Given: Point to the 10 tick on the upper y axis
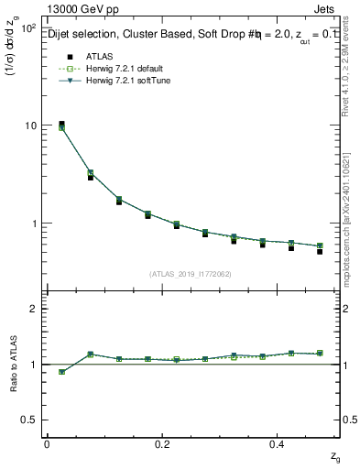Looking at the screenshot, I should click(29, 125).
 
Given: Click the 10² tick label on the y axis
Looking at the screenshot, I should click(27, 28).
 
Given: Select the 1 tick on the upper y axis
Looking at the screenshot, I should click(32, 224).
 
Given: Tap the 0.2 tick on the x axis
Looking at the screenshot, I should click(163, 444).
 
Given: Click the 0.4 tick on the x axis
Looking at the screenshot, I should click(280, 444).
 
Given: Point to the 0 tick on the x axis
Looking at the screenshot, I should click(47, 444).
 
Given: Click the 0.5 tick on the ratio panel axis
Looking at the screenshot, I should click(28, 420).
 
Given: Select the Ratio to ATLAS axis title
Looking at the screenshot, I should click(13, 365).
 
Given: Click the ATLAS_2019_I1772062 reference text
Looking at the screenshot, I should click(191, 274).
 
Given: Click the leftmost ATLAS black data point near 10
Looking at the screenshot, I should click(61, 124).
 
